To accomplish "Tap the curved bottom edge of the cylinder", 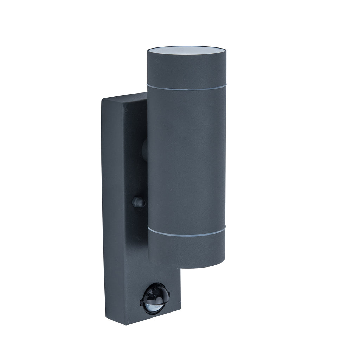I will (186, 266).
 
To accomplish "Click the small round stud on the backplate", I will (138, 202).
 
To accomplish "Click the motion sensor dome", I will (155, 298).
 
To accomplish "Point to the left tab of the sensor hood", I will (142, 301).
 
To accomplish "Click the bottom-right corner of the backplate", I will (180, 311).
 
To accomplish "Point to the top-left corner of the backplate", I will (103, 101).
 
